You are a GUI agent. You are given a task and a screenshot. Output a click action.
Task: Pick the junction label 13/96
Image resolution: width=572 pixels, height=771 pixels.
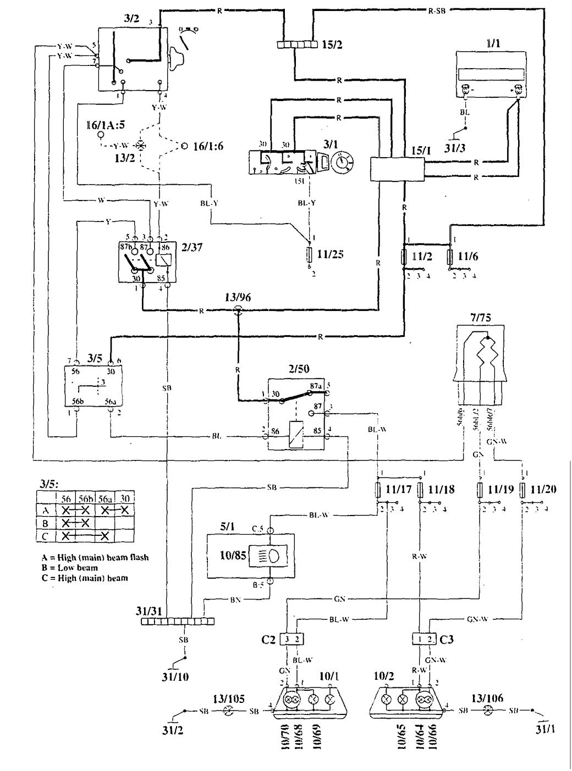coord(237,297)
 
